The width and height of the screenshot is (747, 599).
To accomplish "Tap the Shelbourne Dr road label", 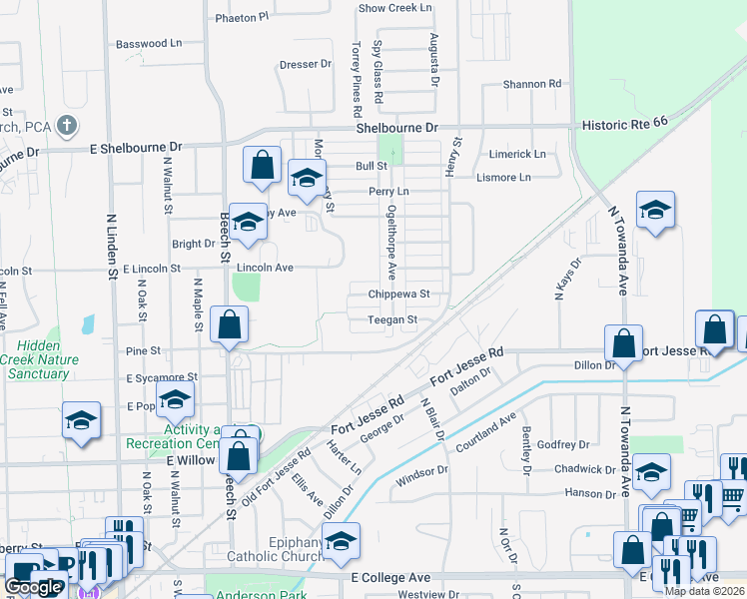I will point(397,129).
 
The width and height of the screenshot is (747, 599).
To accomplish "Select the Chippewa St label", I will point(398,295).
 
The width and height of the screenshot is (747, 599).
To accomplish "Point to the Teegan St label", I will point(392,320).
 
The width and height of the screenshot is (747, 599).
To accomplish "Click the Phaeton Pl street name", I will point(242,18).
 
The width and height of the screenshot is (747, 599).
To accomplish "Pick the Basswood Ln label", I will point(149,44).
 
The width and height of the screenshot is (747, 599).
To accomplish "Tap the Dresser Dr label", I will point(305,64).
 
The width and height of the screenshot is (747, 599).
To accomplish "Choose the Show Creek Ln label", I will point(395,8).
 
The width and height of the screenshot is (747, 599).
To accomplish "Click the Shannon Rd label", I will point(532,85).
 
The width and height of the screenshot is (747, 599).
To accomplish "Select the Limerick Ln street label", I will point(517,155).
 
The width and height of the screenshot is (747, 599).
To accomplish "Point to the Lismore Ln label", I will point(516,178).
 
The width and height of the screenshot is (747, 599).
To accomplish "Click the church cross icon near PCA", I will point(67,126).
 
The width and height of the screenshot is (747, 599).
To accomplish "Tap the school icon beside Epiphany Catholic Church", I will point(342,540).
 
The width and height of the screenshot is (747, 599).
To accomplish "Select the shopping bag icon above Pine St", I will point(230,324).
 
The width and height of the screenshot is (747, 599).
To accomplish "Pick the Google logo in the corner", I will point(33,587).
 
